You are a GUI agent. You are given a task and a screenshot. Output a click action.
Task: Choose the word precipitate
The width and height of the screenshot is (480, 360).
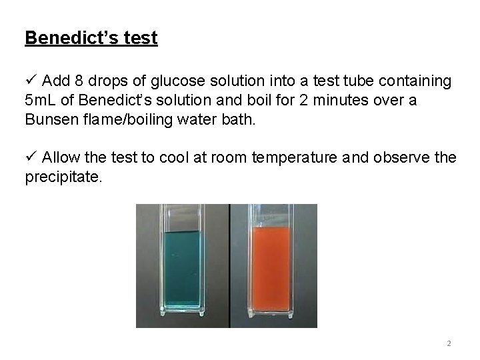[63, 178]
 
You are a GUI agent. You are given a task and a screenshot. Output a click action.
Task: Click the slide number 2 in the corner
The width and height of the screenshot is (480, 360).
[449, 343]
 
